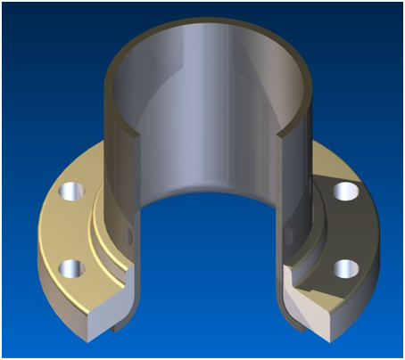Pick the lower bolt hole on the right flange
(x=342, y=266)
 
